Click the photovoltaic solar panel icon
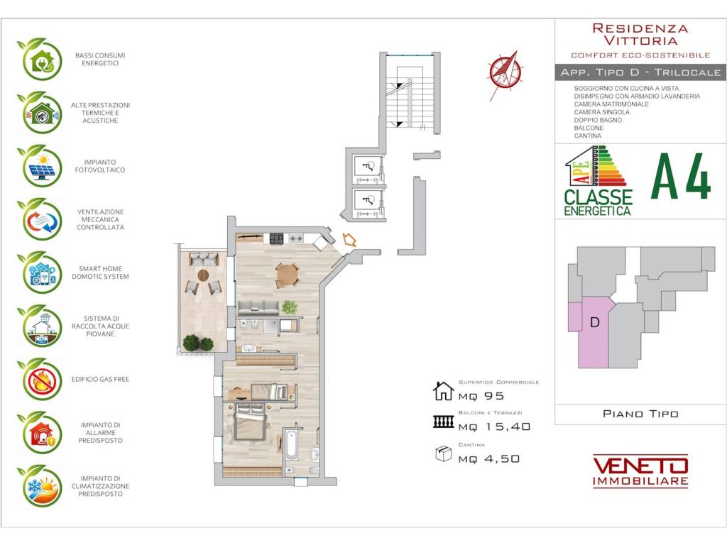click(x=40, y=166)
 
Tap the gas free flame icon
click(x=40, y=380)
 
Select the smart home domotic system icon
click(x=40, y=272)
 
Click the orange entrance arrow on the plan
click(x=349, y=240)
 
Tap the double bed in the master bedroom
click(x=251, y=422)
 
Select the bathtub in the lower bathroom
click(x=291, y=445)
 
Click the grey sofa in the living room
click(x=258, y=308)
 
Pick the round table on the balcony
click(x=203, y=275)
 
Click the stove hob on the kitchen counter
click(x=277, y=238)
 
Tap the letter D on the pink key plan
click(x=595, y=321)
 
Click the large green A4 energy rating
click(x=681, y=177)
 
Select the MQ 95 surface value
click(x=481, y=396)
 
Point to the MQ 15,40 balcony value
click(x=494, y=426)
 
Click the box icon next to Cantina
click(x=444, y=453)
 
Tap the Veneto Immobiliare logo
click(x=640, y=470)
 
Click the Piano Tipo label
click(x=640, y=414)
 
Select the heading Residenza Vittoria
click(x=640, y=34)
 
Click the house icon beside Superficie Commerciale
click(x=443, y=391)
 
